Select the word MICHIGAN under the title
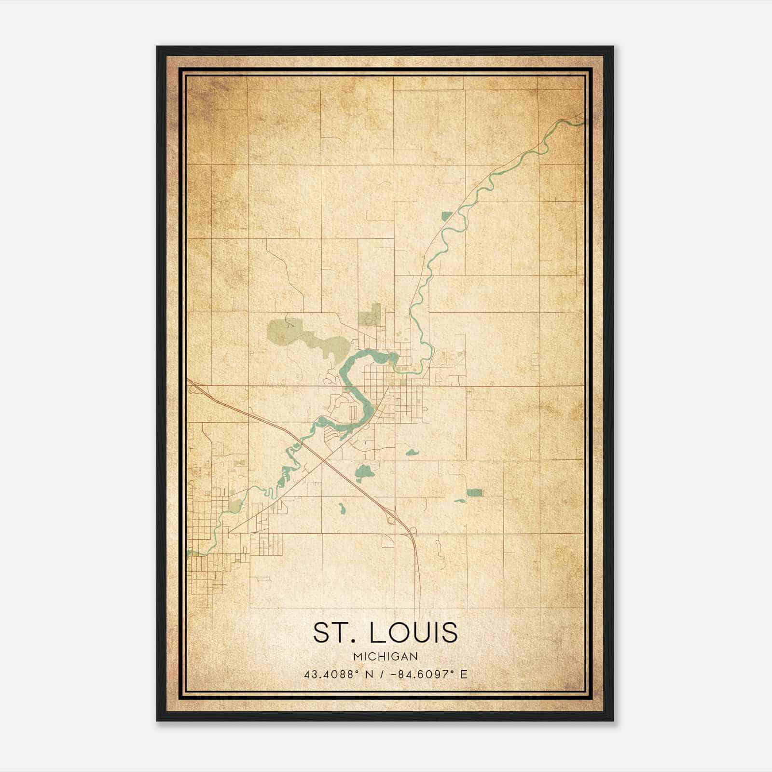386,656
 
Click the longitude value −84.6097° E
431,675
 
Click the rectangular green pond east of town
475,493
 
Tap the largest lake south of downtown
362,472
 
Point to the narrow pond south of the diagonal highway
341,508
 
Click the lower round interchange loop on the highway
413,531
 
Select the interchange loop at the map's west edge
193,389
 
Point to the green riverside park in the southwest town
235,506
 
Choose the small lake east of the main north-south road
412,453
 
